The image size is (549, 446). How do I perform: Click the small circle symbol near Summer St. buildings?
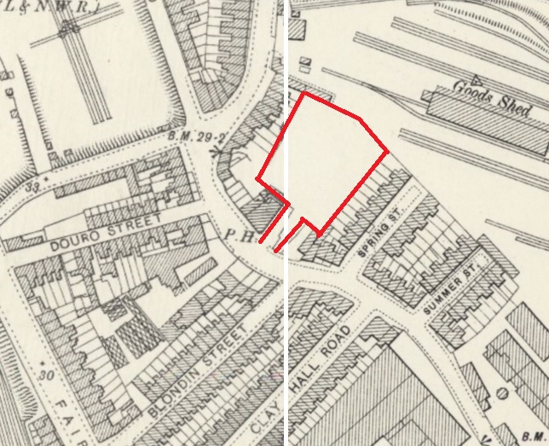pyautogui.click(x=503, y=393)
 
